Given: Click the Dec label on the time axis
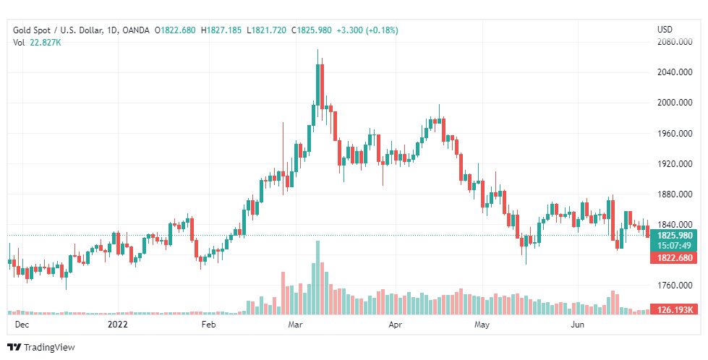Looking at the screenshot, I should (x=22, y=325).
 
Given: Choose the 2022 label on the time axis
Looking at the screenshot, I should (x=118, y=325).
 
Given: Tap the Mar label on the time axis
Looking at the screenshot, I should (x=295, y=325).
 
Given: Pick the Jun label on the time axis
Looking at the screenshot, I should (x=577, y=325).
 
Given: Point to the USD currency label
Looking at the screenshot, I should (x=664, y=30).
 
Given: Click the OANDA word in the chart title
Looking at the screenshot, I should (x=136, y=30).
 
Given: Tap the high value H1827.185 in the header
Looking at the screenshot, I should (x=222, y=30).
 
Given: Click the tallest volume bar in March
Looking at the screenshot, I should (x=317, y=278).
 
